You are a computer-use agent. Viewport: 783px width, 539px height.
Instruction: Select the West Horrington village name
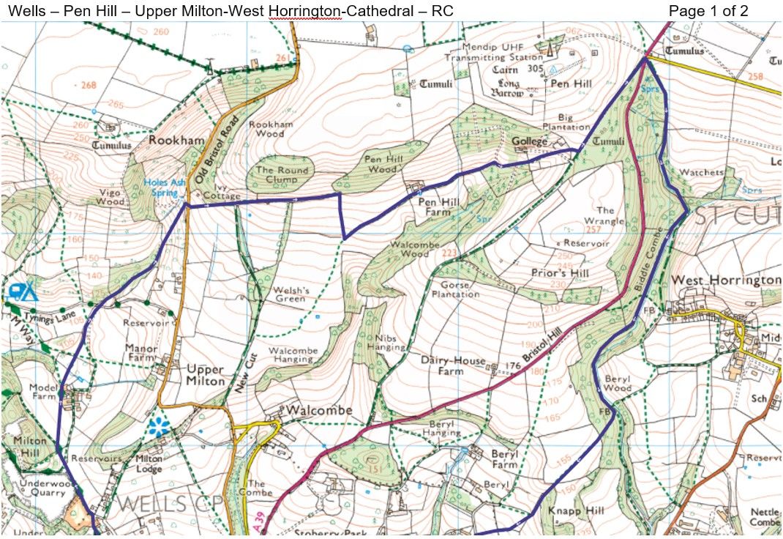(x=725, y=281)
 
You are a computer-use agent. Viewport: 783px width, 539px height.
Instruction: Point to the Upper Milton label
(x=206, y=375)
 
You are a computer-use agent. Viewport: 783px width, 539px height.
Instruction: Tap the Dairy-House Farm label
(x=452, y=365)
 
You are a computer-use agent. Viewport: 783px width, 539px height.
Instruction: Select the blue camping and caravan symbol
(x=23, y=291)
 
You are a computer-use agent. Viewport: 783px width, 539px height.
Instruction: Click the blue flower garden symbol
(x=157, y=427)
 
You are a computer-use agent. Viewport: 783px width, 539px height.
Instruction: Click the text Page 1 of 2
(x=708, y=11)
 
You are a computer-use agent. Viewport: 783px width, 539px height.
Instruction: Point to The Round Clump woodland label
(x=282, y=175)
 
